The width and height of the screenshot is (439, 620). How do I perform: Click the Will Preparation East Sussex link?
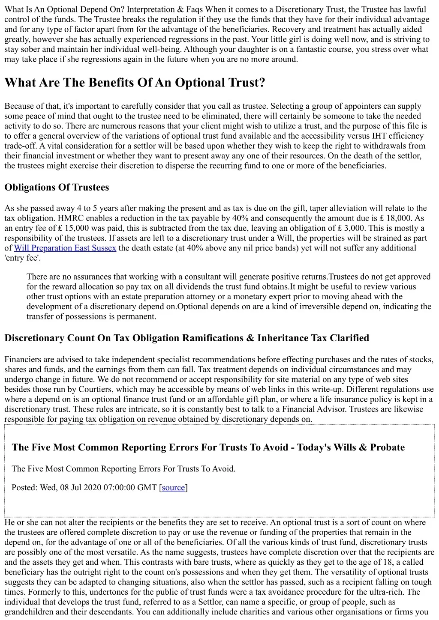(x=65, y=248)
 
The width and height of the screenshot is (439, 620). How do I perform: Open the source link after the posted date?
(x=173, y=487)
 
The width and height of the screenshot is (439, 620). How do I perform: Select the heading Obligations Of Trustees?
(x=57, y=187)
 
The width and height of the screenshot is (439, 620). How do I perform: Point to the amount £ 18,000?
(x=390, y=218)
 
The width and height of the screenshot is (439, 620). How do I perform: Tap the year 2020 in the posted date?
(x=92, y=487)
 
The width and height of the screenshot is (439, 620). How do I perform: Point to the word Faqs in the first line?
(x=195, y=9)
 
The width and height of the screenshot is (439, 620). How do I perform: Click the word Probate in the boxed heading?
(x=388, y=447)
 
